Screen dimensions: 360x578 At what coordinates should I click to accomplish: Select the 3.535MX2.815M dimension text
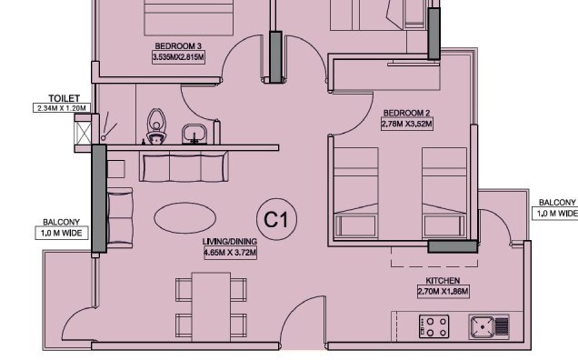(179, 57)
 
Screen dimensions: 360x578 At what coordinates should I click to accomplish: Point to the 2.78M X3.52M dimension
(406, 125)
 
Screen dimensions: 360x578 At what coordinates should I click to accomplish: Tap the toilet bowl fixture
(157, 126)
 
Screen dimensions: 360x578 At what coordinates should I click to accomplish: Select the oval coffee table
(183, 218)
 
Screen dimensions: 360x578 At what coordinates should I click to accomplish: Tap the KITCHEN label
(443, 281)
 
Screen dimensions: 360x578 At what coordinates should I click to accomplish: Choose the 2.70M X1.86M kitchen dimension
(444, 292)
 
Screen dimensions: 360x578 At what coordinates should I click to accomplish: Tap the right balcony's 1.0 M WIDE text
(556, 214)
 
